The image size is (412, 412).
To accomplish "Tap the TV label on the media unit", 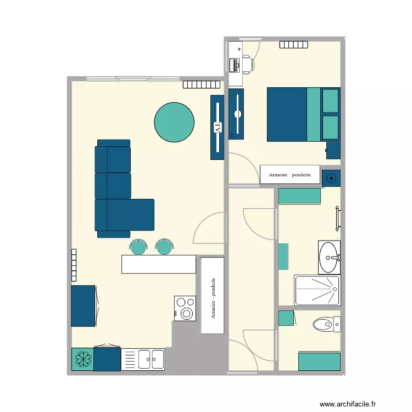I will tap(218, 127).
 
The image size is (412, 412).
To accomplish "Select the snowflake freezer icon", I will tap(82, 359).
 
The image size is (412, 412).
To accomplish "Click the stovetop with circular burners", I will tap(185, 308).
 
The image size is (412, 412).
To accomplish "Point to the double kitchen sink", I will tap(150, 360).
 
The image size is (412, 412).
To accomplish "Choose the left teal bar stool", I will tap(138, 247).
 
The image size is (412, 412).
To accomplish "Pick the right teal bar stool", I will tap(164, 247).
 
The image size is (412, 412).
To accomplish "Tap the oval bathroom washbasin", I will tap(330, 257).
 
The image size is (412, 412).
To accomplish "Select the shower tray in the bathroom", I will tap(317, 290).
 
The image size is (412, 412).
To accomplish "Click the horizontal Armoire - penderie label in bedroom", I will tap(289, 175).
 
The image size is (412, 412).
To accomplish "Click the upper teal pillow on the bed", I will tap(330, 101).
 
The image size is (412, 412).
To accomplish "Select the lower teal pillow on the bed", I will tap(330, 127).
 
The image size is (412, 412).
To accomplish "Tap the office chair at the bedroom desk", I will tap(247, 65).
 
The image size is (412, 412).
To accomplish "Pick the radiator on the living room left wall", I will tap(73, 265).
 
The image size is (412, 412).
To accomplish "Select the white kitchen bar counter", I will tap(159, 264).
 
